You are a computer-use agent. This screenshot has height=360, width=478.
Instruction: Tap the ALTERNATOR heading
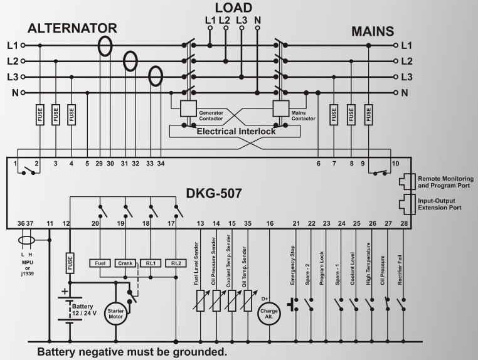72,28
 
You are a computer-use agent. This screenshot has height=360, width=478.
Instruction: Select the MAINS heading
373,31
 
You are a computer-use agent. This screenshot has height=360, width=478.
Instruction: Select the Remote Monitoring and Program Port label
445,182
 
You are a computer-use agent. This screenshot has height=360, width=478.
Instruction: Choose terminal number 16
270,223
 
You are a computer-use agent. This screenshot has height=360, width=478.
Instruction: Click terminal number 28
404,223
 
